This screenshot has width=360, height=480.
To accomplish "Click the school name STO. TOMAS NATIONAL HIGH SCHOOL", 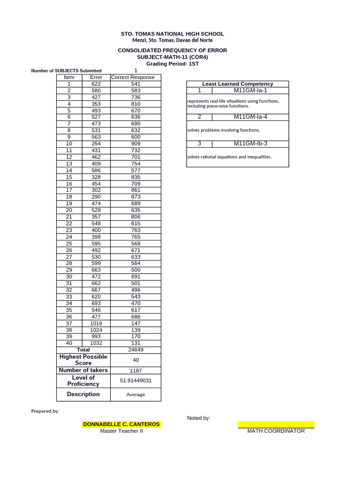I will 172,34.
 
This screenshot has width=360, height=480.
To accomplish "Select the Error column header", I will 96,77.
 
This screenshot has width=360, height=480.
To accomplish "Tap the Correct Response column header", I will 135,77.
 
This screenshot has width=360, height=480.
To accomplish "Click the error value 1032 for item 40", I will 96,343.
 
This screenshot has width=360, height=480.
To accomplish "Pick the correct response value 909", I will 135,143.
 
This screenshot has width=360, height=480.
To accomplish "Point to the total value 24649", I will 135,350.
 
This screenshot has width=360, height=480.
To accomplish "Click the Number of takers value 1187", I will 135,370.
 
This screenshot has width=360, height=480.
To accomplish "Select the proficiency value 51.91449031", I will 135,381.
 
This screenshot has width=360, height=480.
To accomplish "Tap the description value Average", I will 135,395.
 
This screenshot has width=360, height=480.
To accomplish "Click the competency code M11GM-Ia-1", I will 250,90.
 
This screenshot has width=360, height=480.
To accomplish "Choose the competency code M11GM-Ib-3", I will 250,143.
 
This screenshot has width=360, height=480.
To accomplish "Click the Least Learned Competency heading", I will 238,84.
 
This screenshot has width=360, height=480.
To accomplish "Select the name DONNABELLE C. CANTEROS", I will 121,424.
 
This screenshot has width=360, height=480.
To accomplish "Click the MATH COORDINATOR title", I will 276,431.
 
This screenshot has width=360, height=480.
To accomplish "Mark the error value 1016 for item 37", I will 96,323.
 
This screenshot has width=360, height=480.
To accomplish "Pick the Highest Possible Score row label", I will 83,360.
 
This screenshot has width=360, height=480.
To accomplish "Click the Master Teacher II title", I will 121,431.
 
